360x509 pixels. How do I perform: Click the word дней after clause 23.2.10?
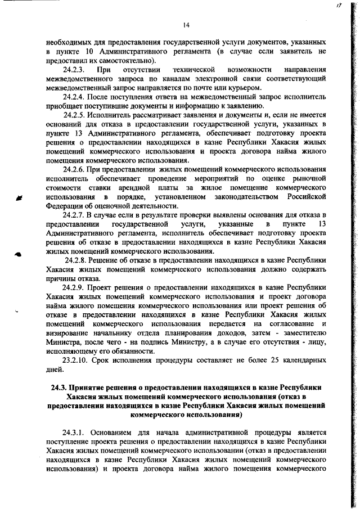pyautogui.click(x=55, y=370)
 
